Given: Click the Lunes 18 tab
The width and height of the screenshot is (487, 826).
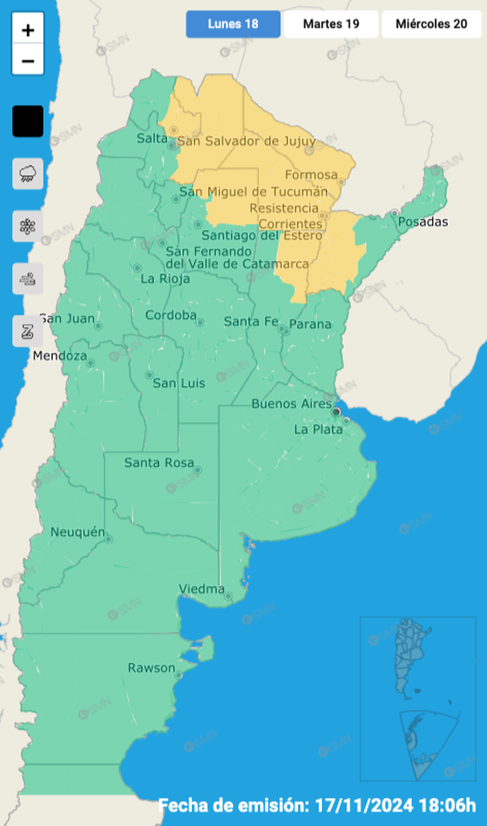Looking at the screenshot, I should click(x=233, y=24).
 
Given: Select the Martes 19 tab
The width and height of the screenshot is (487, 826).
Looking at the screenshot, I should click(x=331, y=24).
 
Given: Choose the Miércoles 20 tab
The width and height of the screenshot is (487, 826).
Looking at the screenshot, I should click(x=432, y=24).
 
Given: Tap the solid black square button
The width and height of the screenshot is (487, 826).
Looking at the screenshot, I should click(x=28, y=121).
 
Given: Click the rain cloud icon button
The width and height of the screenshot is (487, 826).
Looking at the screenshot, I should click(x=28, y=173).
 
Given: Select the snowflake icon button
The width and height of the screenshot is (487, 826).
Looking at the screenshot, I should click(x=28, y=226).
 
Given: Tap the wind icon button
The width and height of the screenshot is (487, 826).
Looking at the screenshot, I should click(x=28, y=279).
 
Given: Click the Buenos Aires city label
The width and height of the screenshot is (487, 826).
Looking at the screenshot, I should click(x=291, y=403).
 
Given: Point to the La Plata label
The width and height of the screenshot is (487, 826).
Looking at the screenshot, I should click(x=318, y=429).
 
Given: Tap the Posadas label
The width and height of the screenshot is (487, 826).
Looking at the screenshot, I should click(x=423, y=221).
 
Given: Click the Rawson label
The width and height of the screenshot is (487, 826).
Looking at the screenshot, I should click(x=151, y=668).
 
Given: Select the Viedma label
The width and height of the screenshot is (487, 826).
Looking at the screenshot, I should click(x=201, y=589).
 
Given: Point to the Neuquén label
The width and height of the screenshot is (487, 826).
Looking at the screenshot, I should click(x=77, y=532).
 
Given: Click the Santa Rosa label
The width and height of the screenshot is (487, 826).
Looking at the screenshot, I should click(x=158, y=463).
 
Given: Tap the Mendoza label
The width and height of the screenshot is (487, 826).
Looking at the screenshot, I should click(x=60, y=355).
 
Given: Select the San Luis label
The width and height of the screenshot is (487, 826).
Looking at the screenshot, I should click(x=179, y=383).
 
